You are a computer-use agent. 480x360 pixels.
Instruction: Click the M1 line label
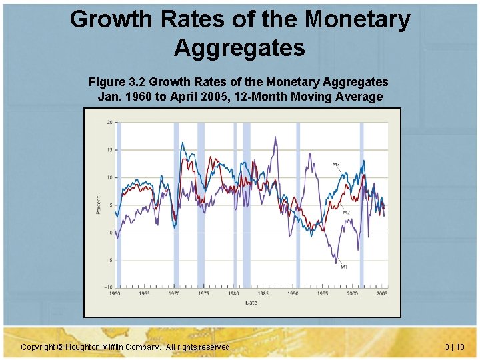(x=344, y=267)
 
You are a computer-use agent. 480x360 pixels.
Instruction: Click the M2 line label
(x=347, y=213)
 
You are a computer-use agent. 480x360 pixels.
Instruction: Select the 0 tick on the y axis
(x=110, y=233)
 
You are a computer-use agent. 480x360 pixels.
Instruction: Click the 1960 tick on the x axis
(x=115, y=293)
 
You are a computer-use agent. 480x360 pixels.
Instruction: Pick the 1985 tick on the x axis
(x=263, y=293)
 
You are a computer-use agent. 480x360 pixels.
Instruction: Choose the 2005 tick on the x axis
(x=382, y=293)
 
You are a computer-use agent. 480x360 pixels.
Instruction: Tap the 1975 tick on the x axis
(x=204, y=293)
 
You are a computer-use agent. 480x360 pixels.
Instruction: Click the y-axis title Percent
(x=98, y=205)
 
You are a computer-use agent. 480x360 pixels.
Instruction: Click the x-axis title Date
(x=251, y=302)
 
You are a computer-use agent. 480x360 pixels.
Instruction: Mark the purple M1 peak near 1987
(x=275, y=137)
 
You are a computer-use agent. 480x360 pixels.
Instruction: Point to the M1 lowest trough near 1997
(x=335, y=263)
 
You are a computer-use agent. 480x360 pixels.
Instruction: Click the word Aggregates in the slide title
(x=240, y=48)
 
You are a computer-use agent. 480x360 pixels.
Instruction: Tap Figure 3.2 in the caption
(x=117, y=82)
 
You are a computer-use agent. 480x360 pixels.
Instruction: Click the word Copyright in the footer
(x=39, y=347)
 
